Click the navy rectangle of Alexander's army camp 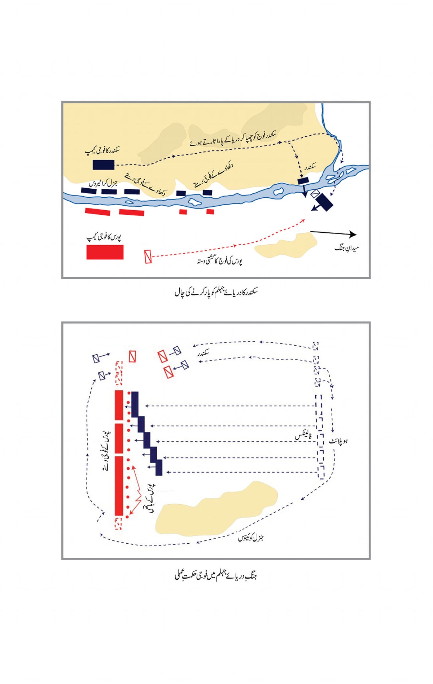tap(104, 165)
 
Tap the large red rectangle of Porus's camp tap(105, 252)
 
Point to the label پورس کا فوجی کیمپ tap(104, 237)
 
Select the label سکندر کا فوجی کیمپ tap(102, 151)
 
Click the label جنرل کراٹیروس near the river tap(103, 183)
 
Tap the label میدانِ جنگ tap(346, 248)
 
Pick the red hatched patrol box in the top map tap(148, 256)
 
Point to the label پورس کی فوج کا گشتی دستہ tap(219, 261)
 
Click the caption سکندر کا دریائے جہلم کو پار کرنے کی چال tap(216, 291)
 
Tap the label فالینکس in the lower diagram tap(303, 436)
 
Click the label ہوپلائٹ tap(338, 441)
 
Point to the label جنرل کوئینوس tap(251, 538)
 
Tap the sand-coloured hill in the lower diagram tap(216, 508)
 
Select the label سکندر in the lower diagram tap(203, 353)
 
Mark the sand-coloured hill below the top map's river tap(286, 246)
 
